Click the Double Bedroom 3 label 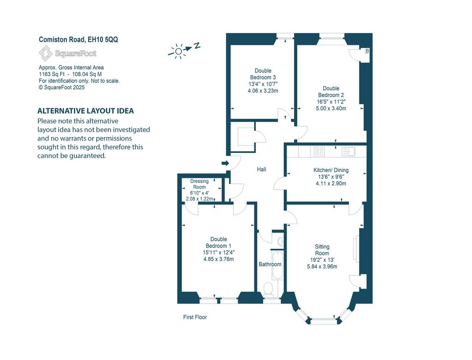pos(263,80)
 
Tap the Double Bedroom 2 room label pos(331,98)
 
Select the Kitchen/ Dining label pos(331,177)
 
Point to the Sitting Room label pos(322,256)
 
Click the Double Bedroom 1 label pos(218,249)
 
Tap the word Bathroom pos(270,264)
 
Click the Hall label pos(262,170)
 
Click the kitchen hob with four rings pos(319,151)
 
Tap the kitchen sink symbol pos(348,151)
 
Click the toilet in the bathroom pos(268,289)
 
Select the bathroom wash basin pos(280,241)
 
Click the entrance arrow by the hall pos(225,163)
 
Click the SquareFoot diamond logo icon pos(46,53)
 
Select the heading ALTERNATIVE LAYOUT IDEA pos(85,111)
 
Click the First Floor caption pos(195,317)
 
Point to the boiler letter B pos(367,51)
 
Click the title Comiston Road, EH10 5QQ pos(78,40)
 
